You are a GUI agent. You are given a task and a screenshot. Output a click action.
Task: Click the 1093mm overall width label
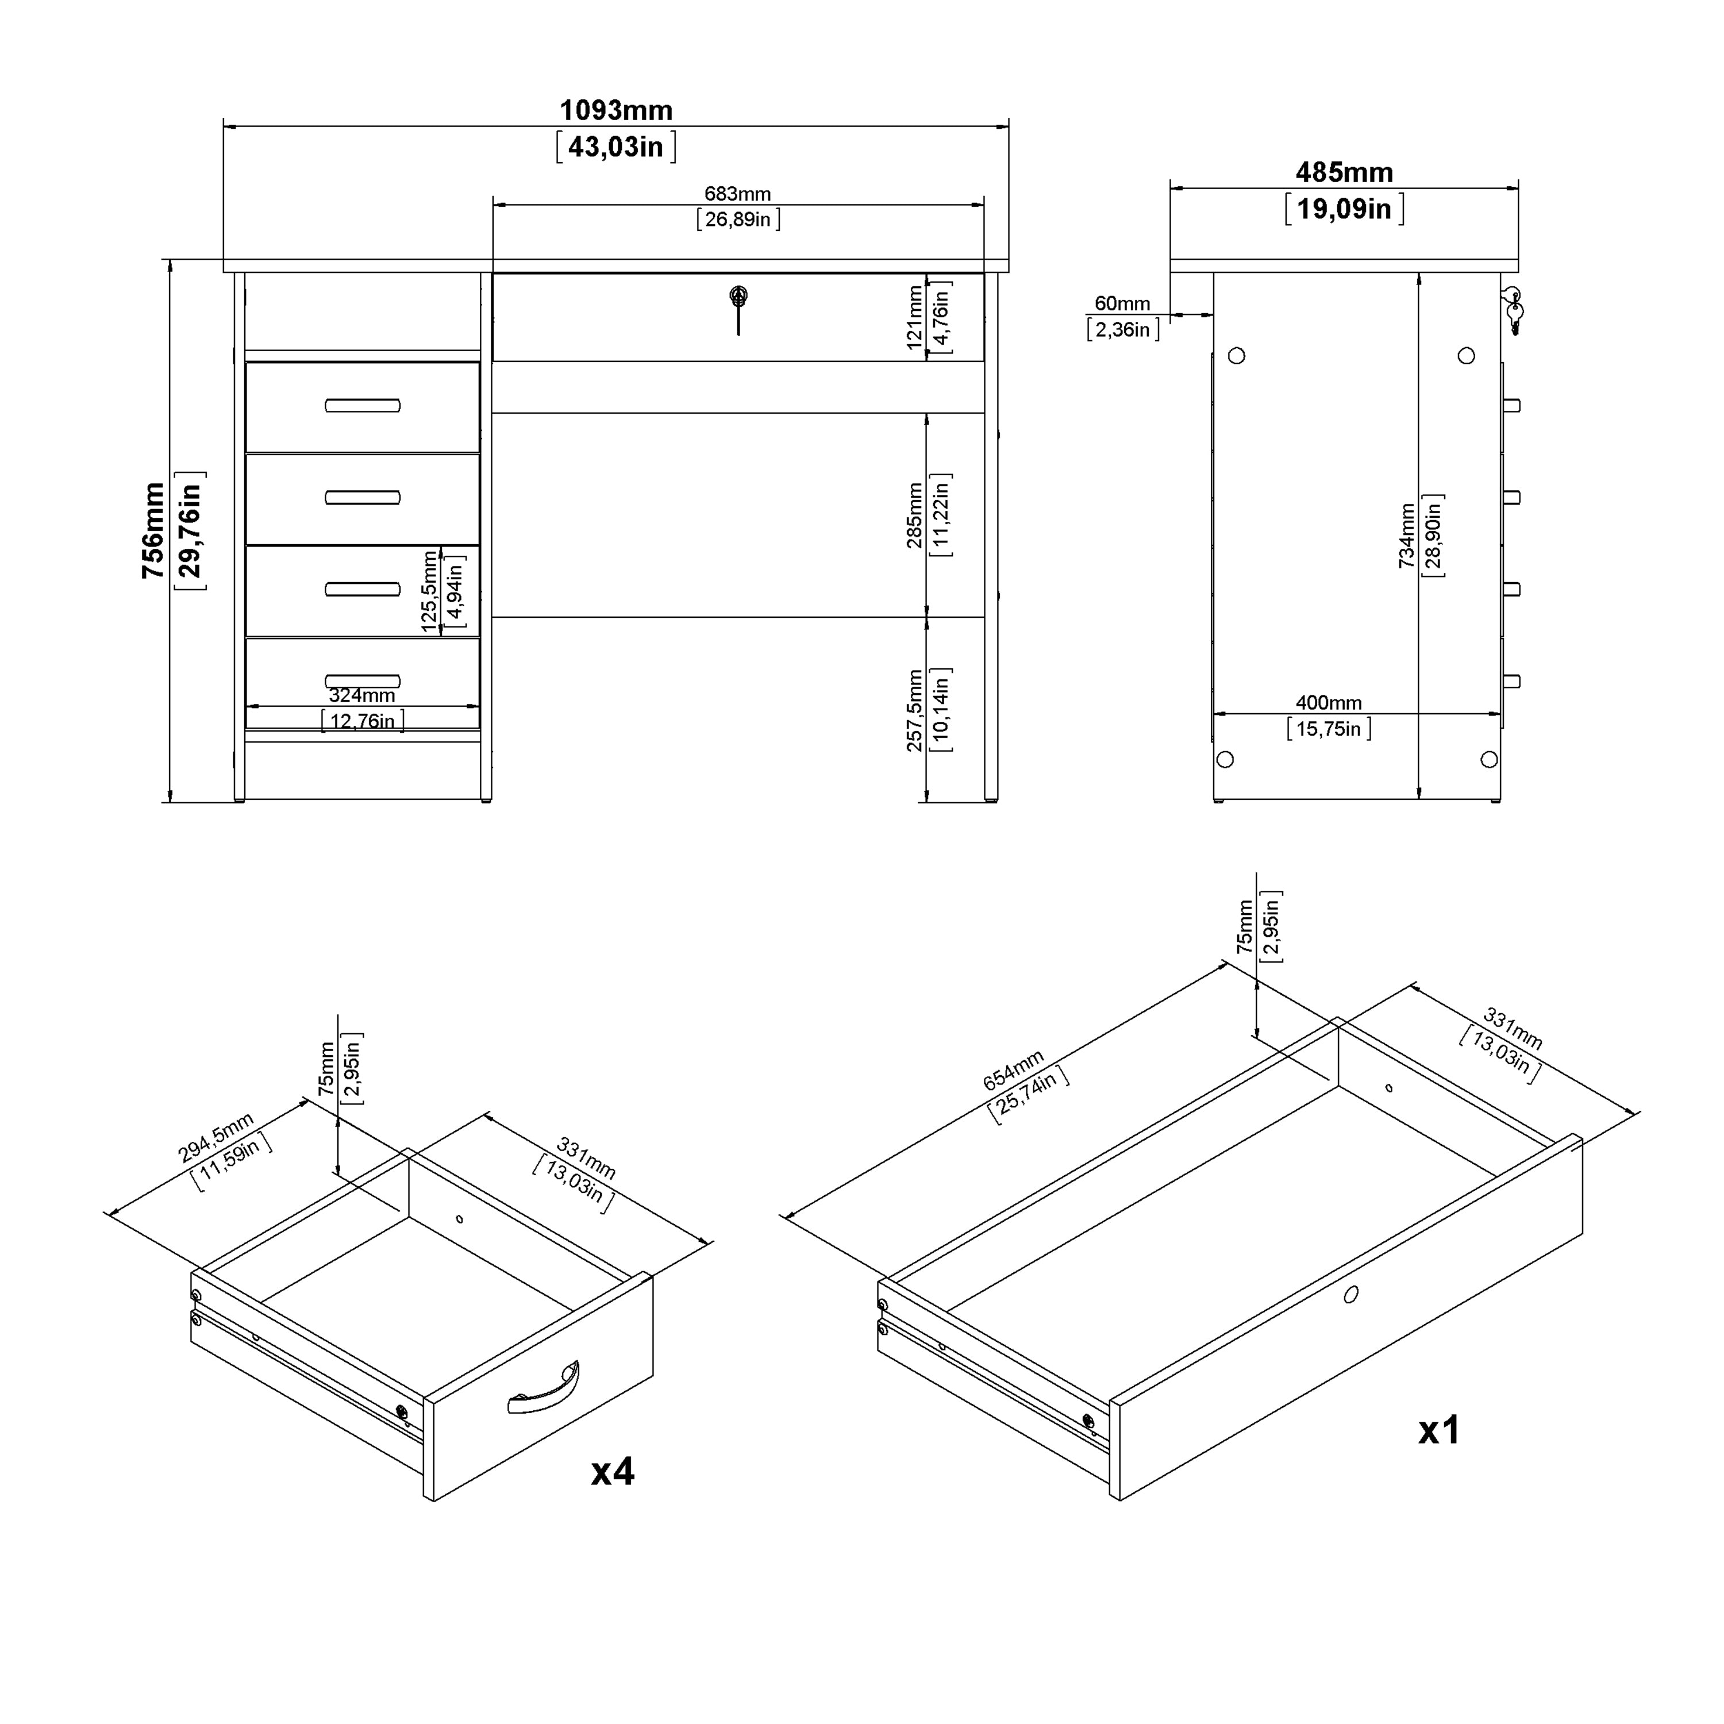[615, 111]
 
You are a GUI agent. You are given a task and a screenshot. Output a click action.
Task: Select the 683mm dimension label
[737, 194]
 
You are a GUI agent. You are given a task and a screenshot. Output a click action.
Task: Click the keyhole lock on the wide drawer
[738, 297]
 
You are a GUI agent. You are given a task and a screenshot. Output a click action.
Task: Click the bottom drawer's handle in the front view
[362, 681]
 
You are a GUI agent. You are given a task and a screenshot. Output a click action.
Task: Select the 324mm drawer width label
[361, 695]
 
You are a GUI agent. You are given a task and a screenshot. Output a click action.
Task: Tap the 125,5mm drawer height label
[430, 591]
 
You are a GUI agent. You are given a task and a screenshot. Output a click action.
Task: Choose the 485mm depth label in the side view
[1344, 172]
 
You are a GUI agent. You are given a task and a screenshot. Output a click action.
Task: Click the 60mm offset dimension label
[1122, 303]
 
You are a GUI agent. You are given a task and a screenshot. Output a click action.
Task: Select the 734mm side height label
[1406, 536]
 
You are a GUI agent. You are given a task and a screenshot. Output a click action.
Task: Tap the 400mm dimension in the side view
[1328, 703]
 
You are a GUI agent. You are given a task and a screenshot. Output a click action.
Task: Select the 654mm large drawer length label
[1013, 1071]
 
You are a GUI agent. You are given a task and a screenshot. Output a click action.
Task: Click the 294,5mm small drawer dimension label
[216, 1138]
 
